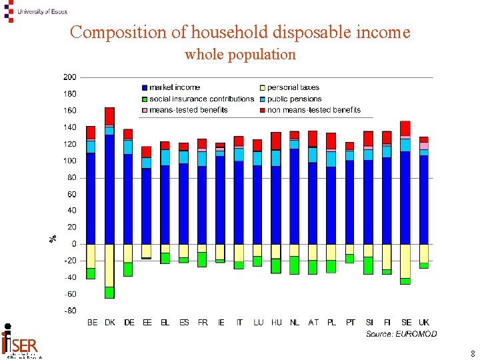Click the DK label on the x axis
pyautogui.click(x=110, y=323)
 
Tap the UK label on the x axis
pyautogui.click(x=424, y=323)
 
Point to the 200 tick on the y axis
pyautogui.click(x=69, y=77)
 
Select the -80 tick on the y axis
pyautogui.click(x=69, y=311)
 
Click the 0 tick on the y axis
pyautogui.click(x=74, y=244)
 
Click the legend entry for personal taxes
pyautogui.click(x=293, y=87)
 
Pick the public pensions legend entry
pyautogui.click(x=294, y=99)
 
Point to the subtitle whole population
pyautogui.click(x=240, y=55)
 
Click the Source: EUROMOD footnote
pyautogui.click(x=401, y=334)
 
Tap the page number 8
pyautogui.click(x=472, y=354)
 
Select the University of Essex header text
pyautogui.click(x=42, y=11)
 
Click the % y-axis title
pyautogui.click(x=53, y=238)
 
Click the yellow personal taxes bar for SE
pyautogui.click(x=405, y=261)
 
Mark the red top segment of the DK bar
pyautogui.click(x=109, y=116)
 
